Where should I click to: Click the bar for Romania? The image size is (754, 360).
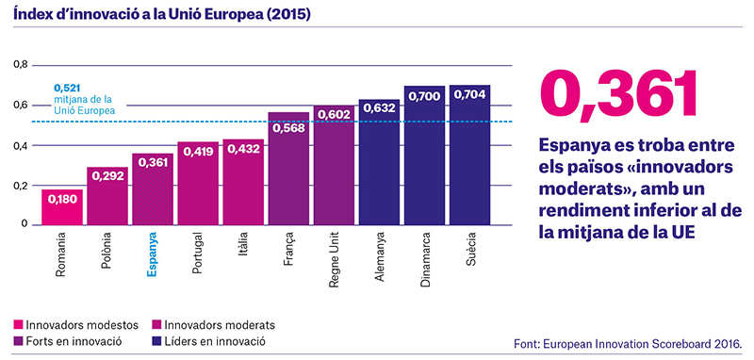61,207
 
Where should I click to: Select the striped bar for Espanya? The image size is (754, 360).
153,188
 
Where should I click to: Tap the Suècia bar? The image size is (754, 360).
469,155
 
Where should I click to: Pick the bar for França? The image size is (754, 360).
289,169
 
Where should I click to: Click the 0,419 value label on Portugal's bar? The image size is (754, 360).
198,151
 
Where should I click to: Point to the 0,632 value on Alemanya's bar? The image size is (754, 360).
380,108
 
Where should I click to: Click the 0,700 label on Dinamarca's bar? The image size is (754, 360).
425,97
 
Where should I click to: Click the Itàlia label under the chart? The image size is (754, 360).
243,247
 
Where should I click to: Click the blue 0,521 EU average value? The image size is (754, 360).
63,89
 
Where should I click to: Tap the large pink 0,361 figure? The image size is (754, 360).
619,93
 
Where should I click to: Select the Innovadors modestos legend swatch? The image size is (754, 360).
18,325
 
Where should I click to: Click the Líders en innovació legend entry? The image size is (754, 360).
208,342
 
